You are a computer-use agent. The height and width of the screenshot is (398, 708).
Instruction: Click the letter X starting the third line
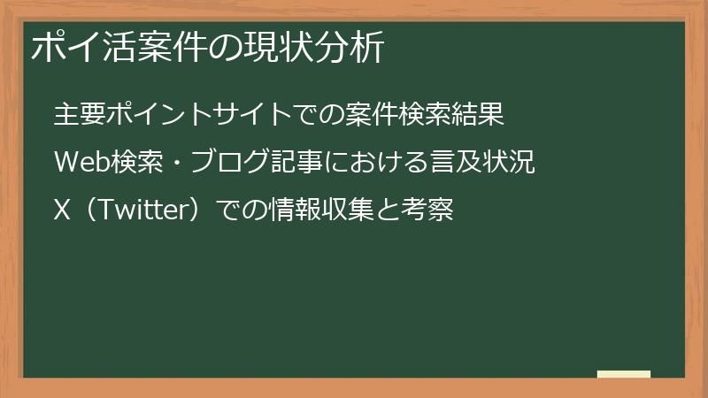[61, 212]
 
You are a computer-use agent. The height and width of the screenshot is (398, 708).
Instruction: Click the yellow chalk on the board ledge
[624, 374]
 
